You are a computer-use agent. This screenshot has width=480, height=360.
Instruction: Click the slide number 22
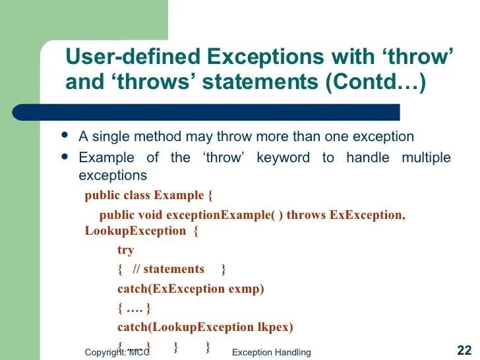click(x=464, y=350)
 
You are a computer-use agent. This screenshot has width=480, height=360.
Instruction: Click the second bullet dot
click(x=64, y=156)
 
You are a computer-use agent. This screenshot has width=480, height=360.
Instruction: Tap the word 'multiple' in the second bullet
click(x=426, y=158)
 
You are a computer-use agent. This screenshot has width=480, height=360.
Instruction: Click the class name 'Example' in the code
click(x=178, y=195)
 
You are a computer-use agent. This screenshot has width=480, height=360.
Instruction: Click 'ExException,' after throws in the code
click(x=367, y=215)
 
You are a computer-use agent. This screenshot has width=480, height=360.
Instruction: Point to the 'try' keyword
click(x=125, y=250)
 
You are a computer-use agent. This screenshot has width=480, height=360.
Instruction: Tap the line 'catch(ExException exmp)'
click(x=191, y=288)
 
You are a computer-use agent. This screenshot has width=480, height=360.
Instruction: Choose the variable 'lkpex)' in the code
click(x=274, y=327)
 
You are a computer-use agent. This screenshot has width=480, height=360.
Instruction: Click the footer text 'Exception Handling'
click(x=271, y=353)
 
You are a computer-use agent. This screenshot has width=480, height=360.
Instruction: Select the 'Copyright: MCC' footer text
click(x=117, y=353)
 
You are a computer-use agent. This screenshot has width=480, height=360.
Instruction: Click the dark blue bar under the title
click(x=224, y=112)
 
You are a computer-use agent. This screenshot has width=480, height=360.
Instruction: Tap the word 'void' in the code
click(x=150, y=215)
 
